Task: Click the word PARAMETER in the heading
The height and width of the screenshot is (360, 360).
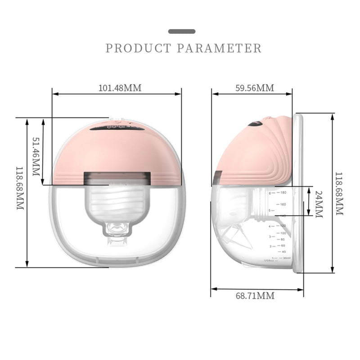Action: click(219, 48)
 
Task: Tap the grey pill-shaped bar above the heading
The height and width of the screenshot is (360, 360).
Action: click(182, 31)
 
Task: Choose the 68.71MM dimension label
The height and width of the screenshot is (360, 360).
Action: click(255, 296)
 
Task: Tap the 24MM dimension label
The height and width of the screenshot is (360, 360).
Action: click(318, 204)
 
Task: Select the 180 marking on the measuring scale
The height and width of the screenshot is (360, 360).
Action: click(283, 193)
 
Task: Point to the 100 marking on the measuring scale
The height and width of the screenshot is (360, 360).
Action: click(283, 233)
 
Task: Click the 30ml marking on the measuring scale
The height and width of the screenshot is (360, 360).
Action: click(286, 258)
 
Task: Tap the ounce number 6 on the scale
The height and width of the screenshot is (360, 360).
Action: click(270, 193)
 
